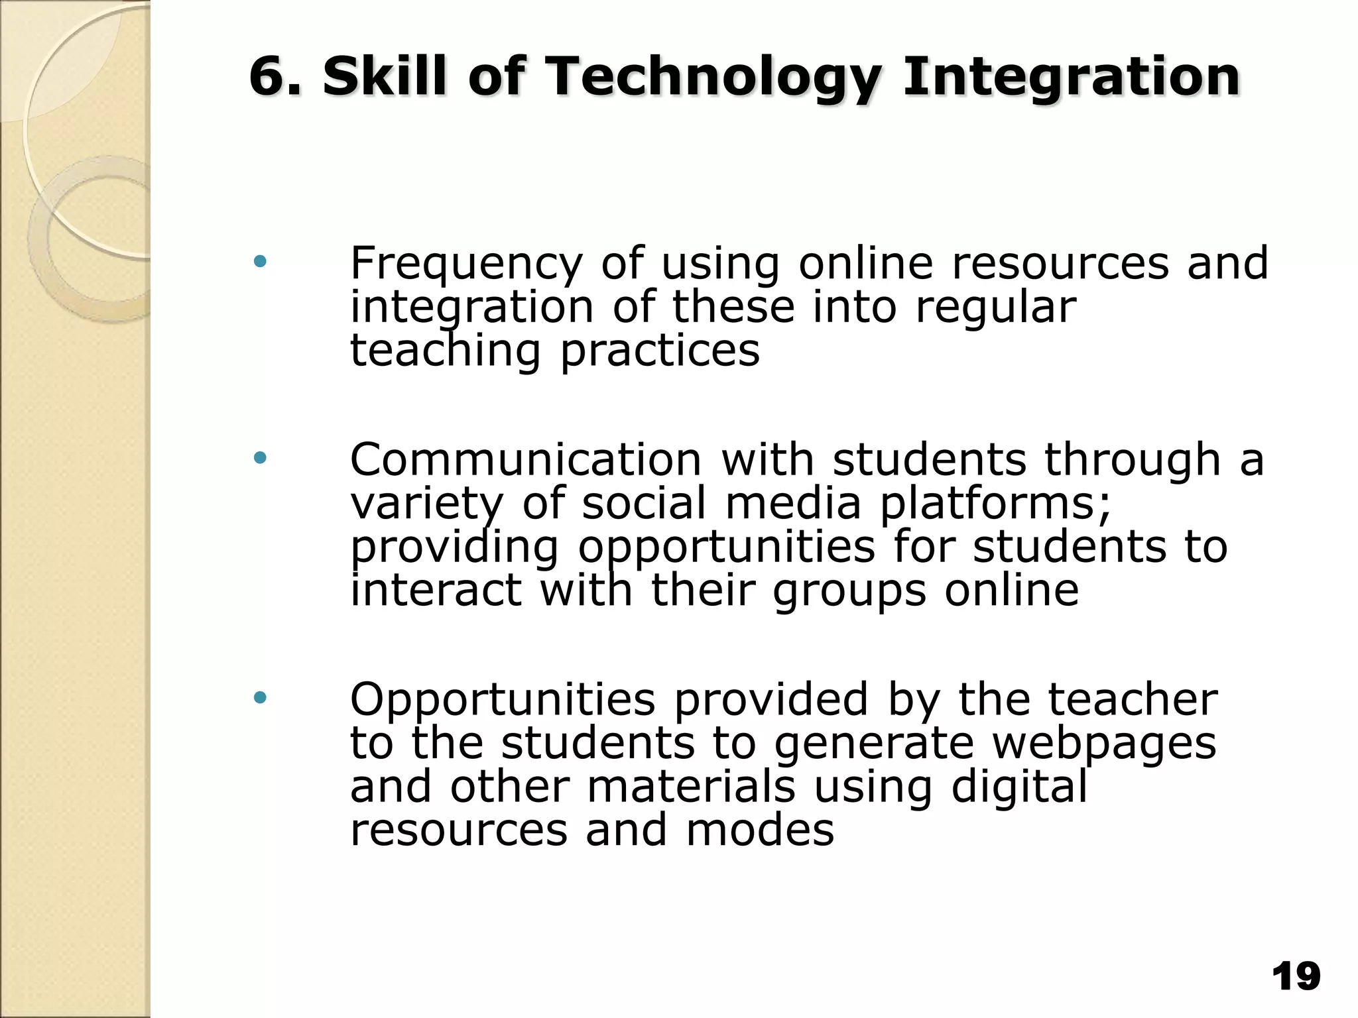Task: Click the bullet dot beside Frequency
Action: coord(260,262)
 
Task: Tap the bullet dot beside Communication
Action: coord(260,457)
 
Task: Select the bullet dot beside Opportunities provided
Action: coord(260,697)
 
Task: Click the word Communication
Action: coord(525,459)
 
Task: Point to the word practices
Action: coord(660,351)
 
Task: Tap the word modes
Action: coord(759,830)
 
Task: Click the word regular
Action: coord(995,308)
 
